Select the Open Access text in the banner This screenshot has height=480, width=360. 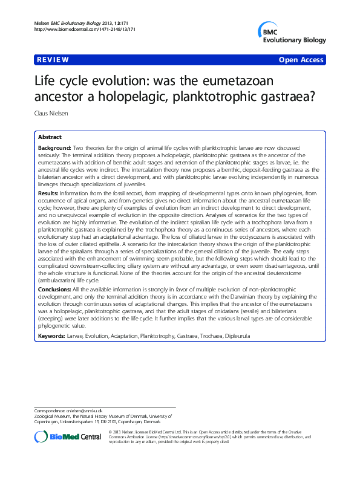(x=301, y=60)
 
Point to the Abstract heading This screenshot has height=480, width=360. (x=50, y=137)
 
